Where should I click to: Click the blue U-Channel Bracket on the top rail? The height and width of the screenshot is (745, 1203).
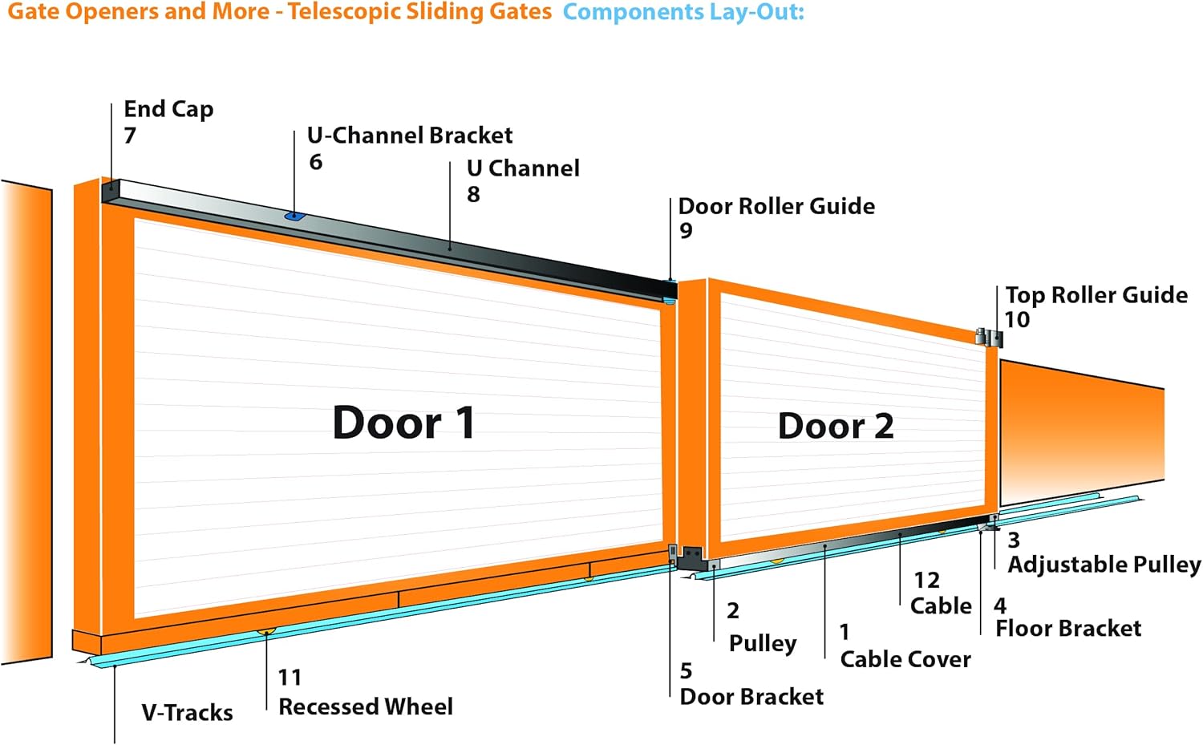tap(294, 217)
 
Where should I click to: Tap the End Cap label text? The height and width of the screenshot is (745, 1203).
tap(168, 110)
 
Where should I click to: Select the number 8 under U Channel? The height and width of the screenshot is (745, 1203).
tap(473, 194)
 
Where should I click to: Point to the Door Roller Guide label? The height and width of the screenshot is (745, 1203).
tap(776, 206)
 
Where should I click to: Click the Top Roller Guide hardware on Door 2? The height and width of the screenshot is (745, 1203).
tap(989, 338)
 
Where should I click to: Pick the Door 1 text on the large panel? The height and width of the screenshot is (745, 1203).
tap(403, 423)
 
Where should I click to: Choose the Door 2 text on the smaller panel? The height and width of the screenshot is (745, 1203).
tap(836, 426)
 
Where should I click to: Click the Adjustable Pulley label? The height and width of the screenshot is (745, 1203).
tap(1104, 565)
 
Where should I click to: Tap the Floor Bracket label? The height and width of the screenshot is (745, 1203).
tap(1068, 629)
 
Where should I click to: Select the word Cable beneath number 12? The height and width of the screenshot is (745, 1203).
tap(941, 606)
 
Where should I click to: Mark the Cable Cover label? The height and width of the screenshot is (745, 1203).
tap(905, 660)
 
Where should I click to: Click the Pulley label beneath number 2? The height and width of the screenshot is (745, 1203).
tap(763, 643)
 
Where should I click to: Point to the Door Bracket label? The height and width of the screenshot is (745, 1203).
tap(751, 697)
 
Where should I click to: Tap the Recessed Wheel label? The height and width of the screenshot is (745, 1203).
tap(366, 707)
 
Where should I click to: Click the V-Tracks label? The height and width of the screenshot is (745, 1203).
tap(187, 713)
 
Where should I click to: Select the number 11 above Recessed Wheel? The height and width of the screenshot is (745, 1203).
tap(290, 678)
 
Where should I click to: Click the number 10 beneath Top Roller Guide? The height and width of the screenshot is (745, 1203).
tap(1017, 320)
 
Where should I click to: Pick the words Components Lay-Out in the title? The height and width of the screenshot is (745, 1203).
tap(683, 12)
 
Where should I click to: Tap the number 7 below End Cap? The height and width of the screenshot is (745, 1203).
tap(130, 136)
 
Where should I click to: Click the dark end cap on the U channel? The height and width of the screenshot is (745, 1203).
tap(111, 192)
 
